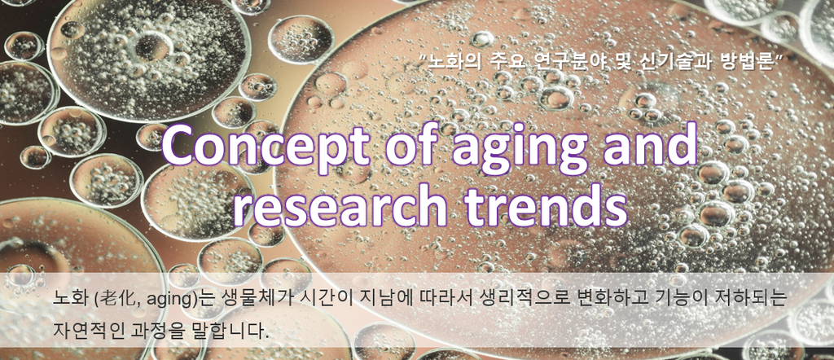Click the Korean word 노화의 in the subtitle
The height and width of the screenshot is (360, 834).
(450, 62)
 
